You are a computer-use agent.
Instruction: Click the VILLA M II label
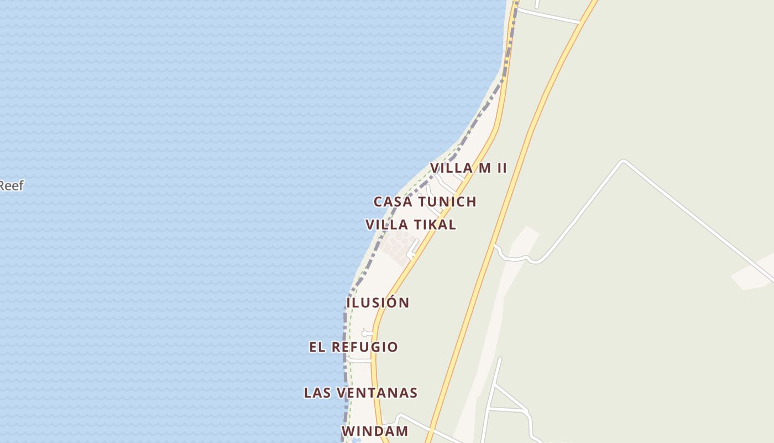[468, 168]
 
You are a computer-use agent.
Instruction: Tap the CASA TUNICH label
[425, 202]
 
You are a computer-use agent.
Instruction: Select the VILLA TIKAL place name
[411, 225]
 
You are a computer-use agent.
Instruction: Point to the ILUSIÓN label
[378, 303]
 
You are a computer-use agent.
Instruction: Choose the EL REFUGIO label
[353, 347]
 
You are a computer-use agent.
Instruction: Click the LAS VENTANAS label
[360, 393]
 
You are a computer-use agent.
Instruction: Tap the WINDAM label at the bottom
[375, 431]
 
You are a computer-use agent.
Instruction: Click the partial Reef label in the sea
[11, 186]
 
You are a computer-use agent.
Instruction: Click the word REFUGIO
[364, 347]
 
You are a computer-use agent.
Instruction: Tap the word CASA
[393, 202]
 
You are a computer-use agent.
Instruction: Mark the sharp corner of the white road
[624, 162]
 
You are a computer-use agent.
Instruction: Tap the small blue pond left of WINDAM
[355, 441]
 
